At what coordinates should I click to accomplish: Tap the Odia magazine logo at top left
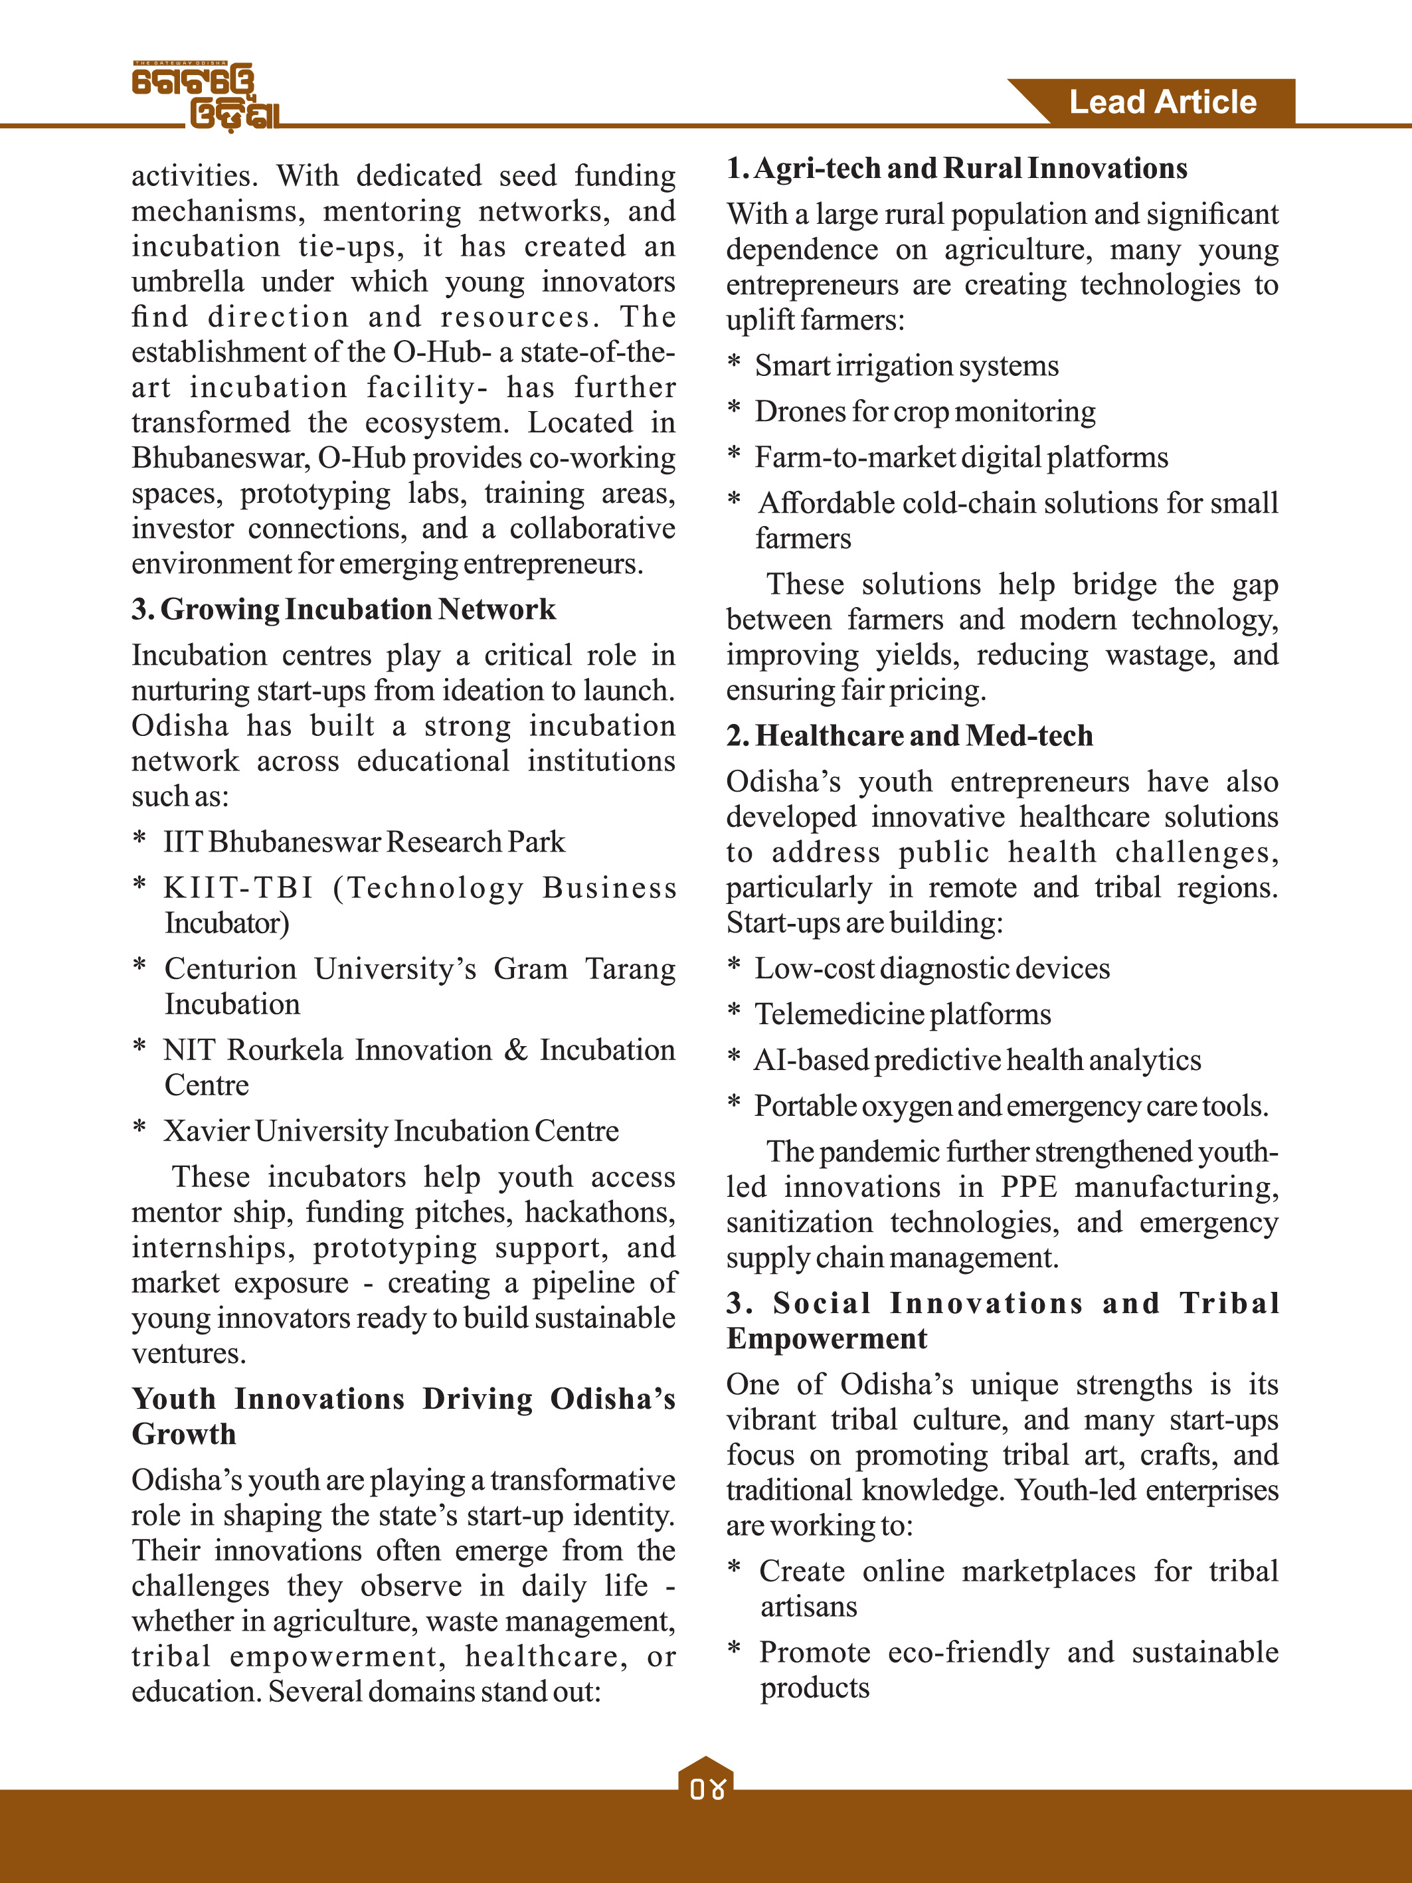pyautogui.click(x=207, y=96)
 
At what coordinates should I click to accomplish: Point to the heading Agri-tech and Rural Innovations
pyautogui.click(x=956, y=169)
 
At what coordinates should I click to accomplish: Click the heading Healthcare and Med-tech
pyautogui.click(x=910, y=735)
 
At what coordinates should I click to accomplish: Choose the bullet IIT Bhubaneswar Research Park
pyautogui.click(x=363, y=842)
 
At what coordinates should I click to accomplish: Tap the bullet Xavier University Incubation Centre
pyautogui.click(x=391, y=1130)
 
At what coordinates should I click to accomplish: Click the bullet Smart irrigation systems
pyautogui.click(x=907, y=366)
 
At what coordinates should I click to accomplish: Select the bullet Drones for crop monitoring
pyautogui.click(x=925, y=412)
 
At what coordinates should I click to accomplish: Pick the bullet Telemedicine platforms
pyautogui.click(x=903, y=1015)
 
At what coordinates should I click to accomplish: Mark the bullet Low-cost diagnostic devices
pyautogui.click(x=932, y=969)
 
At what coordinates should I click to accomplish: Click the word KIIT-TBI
pyautogui.click(x=239, y=888)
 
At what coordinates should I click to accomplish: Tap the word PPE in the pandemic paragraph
pyautogui.click(x=1028, y=1188)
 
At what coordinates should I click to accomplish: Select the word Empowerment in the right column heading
pyautogui.click(x=826, y=1339)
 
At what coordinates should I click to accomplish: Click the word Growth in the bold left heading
pyautogui.click(x=184, y=1435)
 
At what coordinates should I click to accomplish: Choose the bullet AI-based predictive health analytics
pyautogui.click(x=977, y=1061)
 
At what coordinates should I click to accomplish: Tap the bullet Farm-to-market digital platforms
pyautogui.click(x=961, y=458)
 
